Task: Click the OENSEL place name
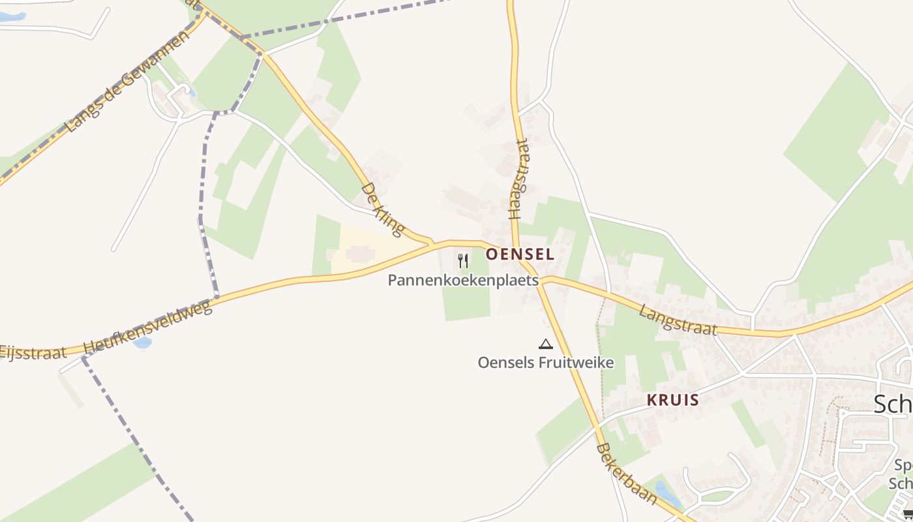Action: pos(520,254)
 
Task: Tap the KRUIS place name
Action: pos(672,400)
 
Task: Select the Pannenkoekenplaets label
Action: pos(463,281)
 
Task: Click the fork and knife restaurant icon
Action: pos(463,261)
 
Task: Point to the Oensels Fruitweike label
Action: pos(546,362)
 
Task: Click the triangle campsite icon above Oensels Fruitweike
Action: pos(546,344)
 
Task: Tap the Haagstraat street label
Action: pos(519,178)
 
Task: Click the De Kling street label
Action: pos(382,209)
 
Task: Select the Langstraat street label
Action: pos(678,320)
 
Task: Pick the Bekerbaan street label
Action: pos(627,474)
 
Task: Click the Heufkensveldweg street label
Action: pos(149,328)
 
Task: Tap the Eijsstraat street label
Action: pos(33,352)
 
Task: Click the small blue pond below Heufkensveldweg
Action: pos(142,343)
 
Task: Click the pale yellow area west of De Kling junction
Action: pos(365,251)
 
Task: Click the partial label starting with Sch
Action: pos(894,405)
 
